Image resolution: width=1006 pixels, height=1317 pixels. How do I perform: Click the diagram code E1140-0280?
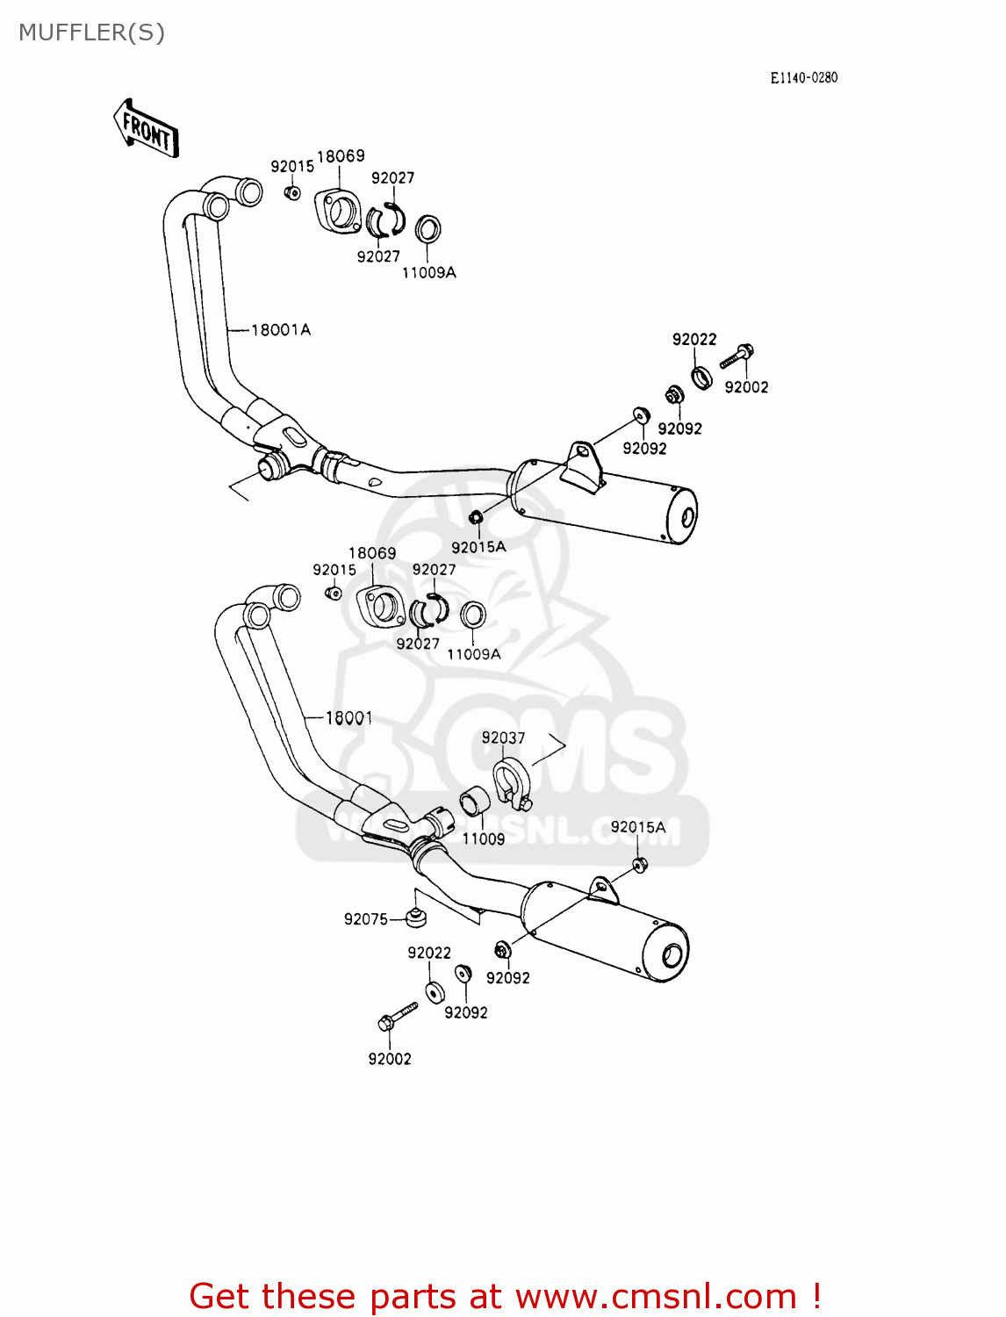pos(803,77)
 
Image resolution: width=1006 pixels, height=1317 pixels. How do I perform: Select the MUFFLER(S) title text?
pos(91,32)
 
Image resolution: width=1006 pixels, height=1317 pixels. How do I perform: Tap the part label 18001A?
pos(280,330)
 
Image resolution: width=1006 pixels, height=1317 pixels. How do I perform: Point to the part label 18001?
pos(349,718)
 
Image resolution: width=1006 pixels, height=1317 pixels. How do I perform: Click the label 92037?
pos(503,738)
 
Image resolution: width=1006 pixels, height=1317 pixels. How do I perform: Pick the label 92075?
pos(365,919)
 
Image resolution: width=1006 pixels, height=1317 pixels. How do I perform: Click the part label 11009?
pos(483,838)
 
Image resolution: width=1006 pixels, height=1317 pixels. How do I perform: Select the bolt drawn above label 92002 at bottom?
pos(397,1017)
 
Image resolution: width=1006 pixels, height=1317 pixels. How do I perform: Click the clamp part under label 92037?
pos(510,784)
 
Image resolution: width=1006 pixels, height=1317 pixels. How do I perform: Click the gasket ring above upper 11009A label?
pos(428,230)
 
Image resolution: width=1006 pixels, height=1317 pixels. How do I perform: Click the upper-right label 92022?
pos(694,339)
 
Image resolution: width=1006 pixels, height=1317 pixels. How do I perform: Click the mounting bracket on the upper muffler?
pos(581,465)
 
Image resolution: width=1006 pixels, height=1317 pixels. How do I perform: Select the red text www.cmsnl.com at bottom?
pos(655,1296)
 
